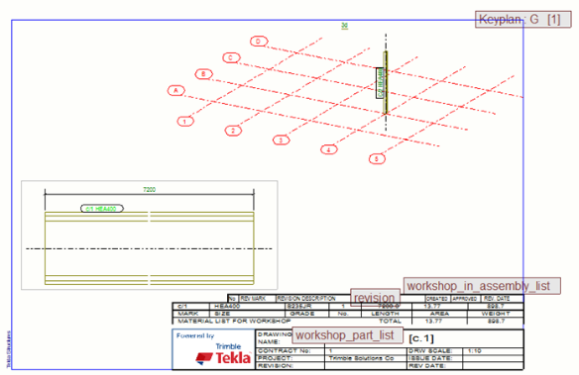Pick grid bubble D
click(259, 41)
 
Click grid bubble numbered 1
click(185, 122)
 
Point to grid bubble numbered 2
click(234, 130)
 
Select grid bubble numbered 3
click(281, 140)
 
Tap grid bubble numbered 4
click(329, 149)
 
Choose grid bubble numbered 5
click(377, 158)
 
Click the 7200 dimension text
click(150, 188)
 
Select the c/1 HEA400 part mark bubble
click(100, 210)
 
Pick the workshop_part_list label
click(344, 335)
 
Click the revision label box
click(375, 297)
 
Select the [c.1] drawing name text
click(421, 337)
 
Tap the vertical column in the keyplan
click(386, 80)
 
